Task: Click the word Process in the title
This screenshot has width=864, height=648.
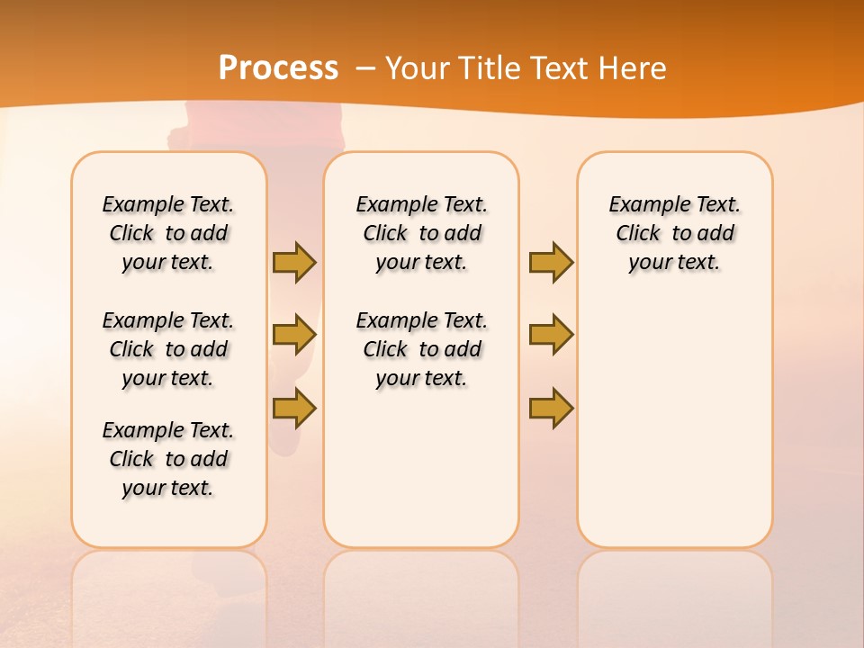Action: [278, 67]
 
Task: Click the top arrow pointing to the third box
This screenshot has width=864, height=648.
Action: [551, 262]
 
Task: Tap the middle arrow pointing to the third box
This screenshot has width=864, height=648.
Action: [551, 335]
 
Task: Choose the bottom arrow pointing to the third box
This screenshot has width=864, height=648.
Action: [551, 408]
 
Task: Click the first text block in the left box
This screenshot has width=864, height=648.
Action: [168, 233]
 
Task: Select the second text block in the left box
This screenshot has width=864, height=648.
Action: [168, 349]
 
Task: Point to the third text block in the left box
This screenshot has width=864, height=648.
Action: [168, 459]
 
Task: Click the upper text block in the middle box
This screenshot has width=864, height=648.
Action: [421, 233]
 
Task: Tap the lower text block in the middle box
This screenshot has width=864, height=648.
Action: [421, 349]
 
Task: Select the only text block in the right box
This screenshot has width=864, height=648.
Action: [674, 233]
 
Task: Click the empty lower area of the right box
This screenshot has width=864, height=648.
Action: [674, 432]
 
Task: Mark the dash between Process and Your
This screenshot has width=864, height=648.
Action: [365, 67]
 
